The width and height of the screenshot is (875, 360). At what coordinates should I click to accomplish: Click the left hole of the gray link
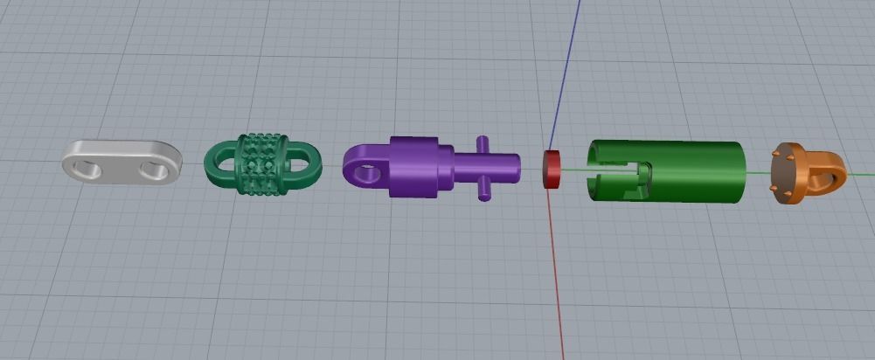(89, 166)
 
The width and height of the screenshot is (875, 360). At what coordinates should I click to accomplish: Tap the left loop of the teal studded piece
(221, 162)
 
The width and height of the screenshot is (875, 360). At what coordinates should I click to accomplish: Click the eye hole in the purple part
(367, 173)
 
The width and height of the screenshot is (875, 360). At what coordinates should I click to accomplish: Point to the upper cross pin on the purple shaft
(481, 144)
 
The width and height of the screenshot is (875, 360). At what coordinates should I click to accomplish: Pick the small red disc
(552, 170)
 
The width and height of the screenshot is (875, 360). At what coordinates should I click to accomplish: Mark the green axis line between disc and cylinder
(573, 169)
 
